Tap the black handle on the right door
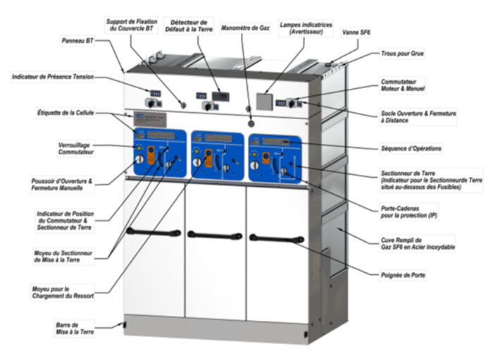pyautogui.click(x=276, y=238)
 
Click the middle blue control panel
pyautogui.click(x=217, y=154)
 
